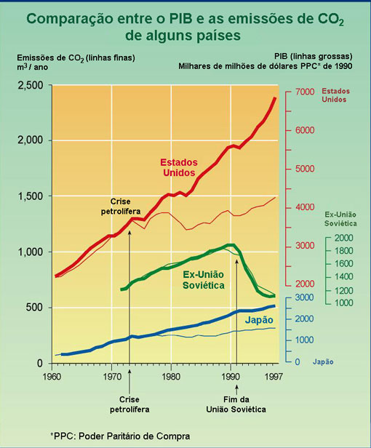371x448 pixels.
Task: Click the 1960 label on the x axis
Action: pyautogui.click(x=52, y=376)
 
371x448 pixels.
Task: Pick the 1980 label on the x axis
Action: pyautogui.click(x=171, y=376)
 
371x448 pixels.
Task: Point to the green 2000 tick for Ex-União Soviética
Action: pyautogui.click(x=343, y=239)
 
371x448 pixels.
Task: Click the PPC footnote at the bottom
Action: pyautogui.click(x=120, y=436)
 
